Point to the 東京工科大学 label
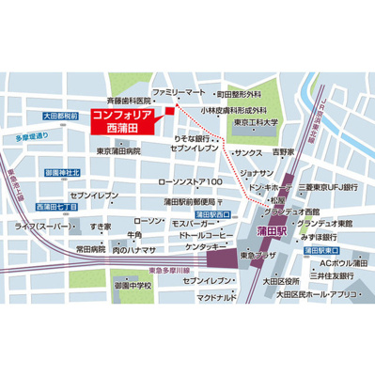(257, 122)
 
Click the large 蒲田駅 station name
(273, 230)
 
